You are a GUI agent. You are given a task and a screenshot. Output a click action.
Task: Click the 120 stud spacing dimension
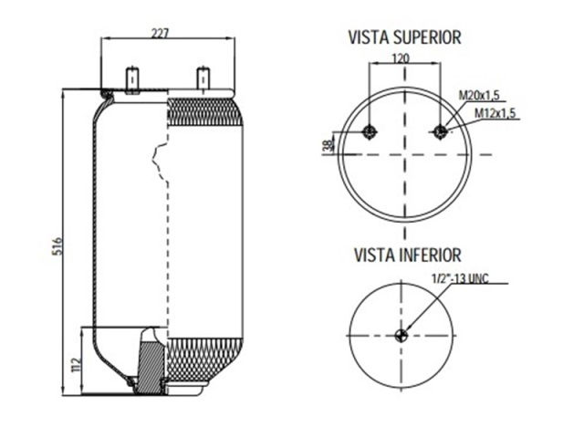[400, 57]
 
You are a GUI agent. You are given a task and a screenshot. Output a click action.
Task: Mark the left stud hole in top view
[369, 131]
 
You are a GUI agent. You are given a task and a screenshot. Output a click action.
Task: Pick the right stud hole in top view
[441, 131]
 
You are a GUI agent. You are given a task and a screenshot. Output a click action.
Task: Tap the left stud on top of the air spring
[132, 79]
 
